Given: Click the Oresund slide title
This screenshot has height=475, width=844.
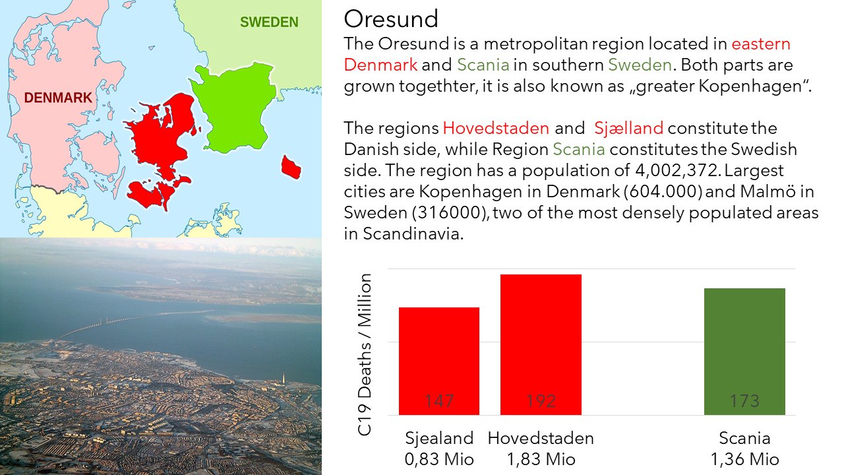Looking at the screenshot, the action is pos(391,18).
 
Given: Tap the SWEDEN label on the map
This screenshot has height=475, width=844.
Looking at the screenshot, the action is pos(269,22).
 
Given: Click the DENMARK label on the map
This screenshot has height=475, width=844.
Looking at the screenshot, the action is pos(58,98).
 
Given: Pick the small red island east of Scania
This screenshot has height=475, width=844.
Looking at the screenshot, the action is pos(291,168).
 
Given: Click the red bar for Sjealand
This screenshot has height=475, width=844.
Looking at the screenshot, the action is pos(439,361).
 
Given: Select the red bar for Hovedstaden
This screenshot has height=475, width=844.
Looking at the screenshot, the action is pos(541,344).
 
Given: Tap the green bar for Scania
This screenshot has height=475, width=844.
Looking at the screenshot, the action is pos(744,352).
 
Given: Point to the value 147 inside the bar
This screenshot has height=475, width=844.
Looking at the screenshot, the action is pos(439,400).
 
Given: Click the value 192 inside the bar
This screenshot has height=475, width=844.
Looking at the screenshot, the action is pos(541,400).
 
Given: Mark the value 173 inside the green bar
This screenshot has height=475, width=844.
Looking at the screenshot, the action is pos(744,400).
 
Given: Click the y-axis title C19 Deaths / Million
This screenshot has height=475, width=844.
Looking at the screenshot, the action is pos(365,355).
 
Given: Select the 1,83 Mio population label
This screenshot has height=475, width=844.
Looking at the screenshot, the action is pos(541,459).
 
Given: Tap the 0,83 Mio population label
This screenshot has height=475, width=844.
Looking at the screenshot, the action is pos(439,459).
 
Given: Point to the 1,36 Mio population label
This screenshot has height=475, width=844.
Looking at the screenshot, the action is pos(744,459).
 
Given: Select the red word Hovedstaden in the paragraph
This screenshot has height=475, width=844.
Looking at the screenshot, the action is pos(496,128).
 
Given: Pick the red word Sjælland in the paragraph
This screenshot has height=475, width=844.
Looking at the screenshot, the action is pos(628,128).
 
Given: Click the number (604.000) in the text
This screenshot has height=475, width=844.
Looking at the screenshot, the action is pos(663,191).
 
